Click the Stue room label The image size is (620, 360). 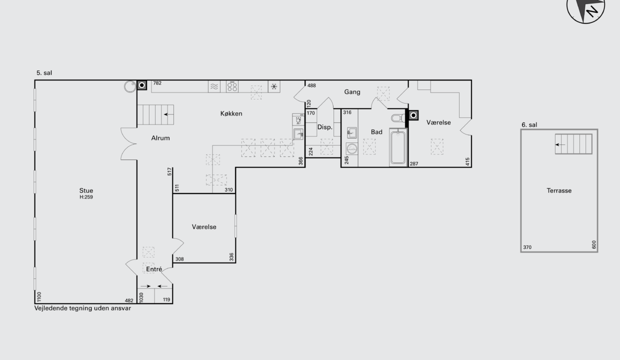coord(86,190)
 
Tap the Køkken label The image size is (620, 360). coord(231,113)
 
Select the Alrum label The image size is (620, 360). coord(160,138)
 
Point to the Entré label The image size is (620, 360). coord(154,269)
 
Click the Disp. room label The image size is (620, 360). coord(324,127)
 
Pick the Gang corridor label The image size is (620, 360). coord(352,92)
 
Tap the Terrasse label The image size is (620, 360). coord(559,190)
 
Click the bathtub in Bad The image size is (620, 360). coord(398,147)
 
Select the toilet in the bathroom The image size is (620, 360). coord(398,118)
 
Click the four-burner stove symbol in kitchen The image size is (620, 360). coord(232,86)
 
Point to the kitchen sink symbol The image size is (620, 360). coord(298,134)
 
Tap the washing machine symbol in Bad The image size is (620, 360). coord(352,149)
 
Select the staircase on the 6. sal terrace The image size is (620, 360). coord(573,144)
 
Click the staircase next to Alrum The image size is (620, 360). coord(155,114)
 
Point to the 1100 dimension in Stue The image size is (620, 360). coord(39,296)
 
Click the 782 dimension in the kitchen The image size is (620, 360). coord(157,83)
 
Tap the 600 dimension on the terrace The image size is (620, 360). coord(593,244)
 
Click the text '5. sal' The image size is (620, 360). coord(44,73)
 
